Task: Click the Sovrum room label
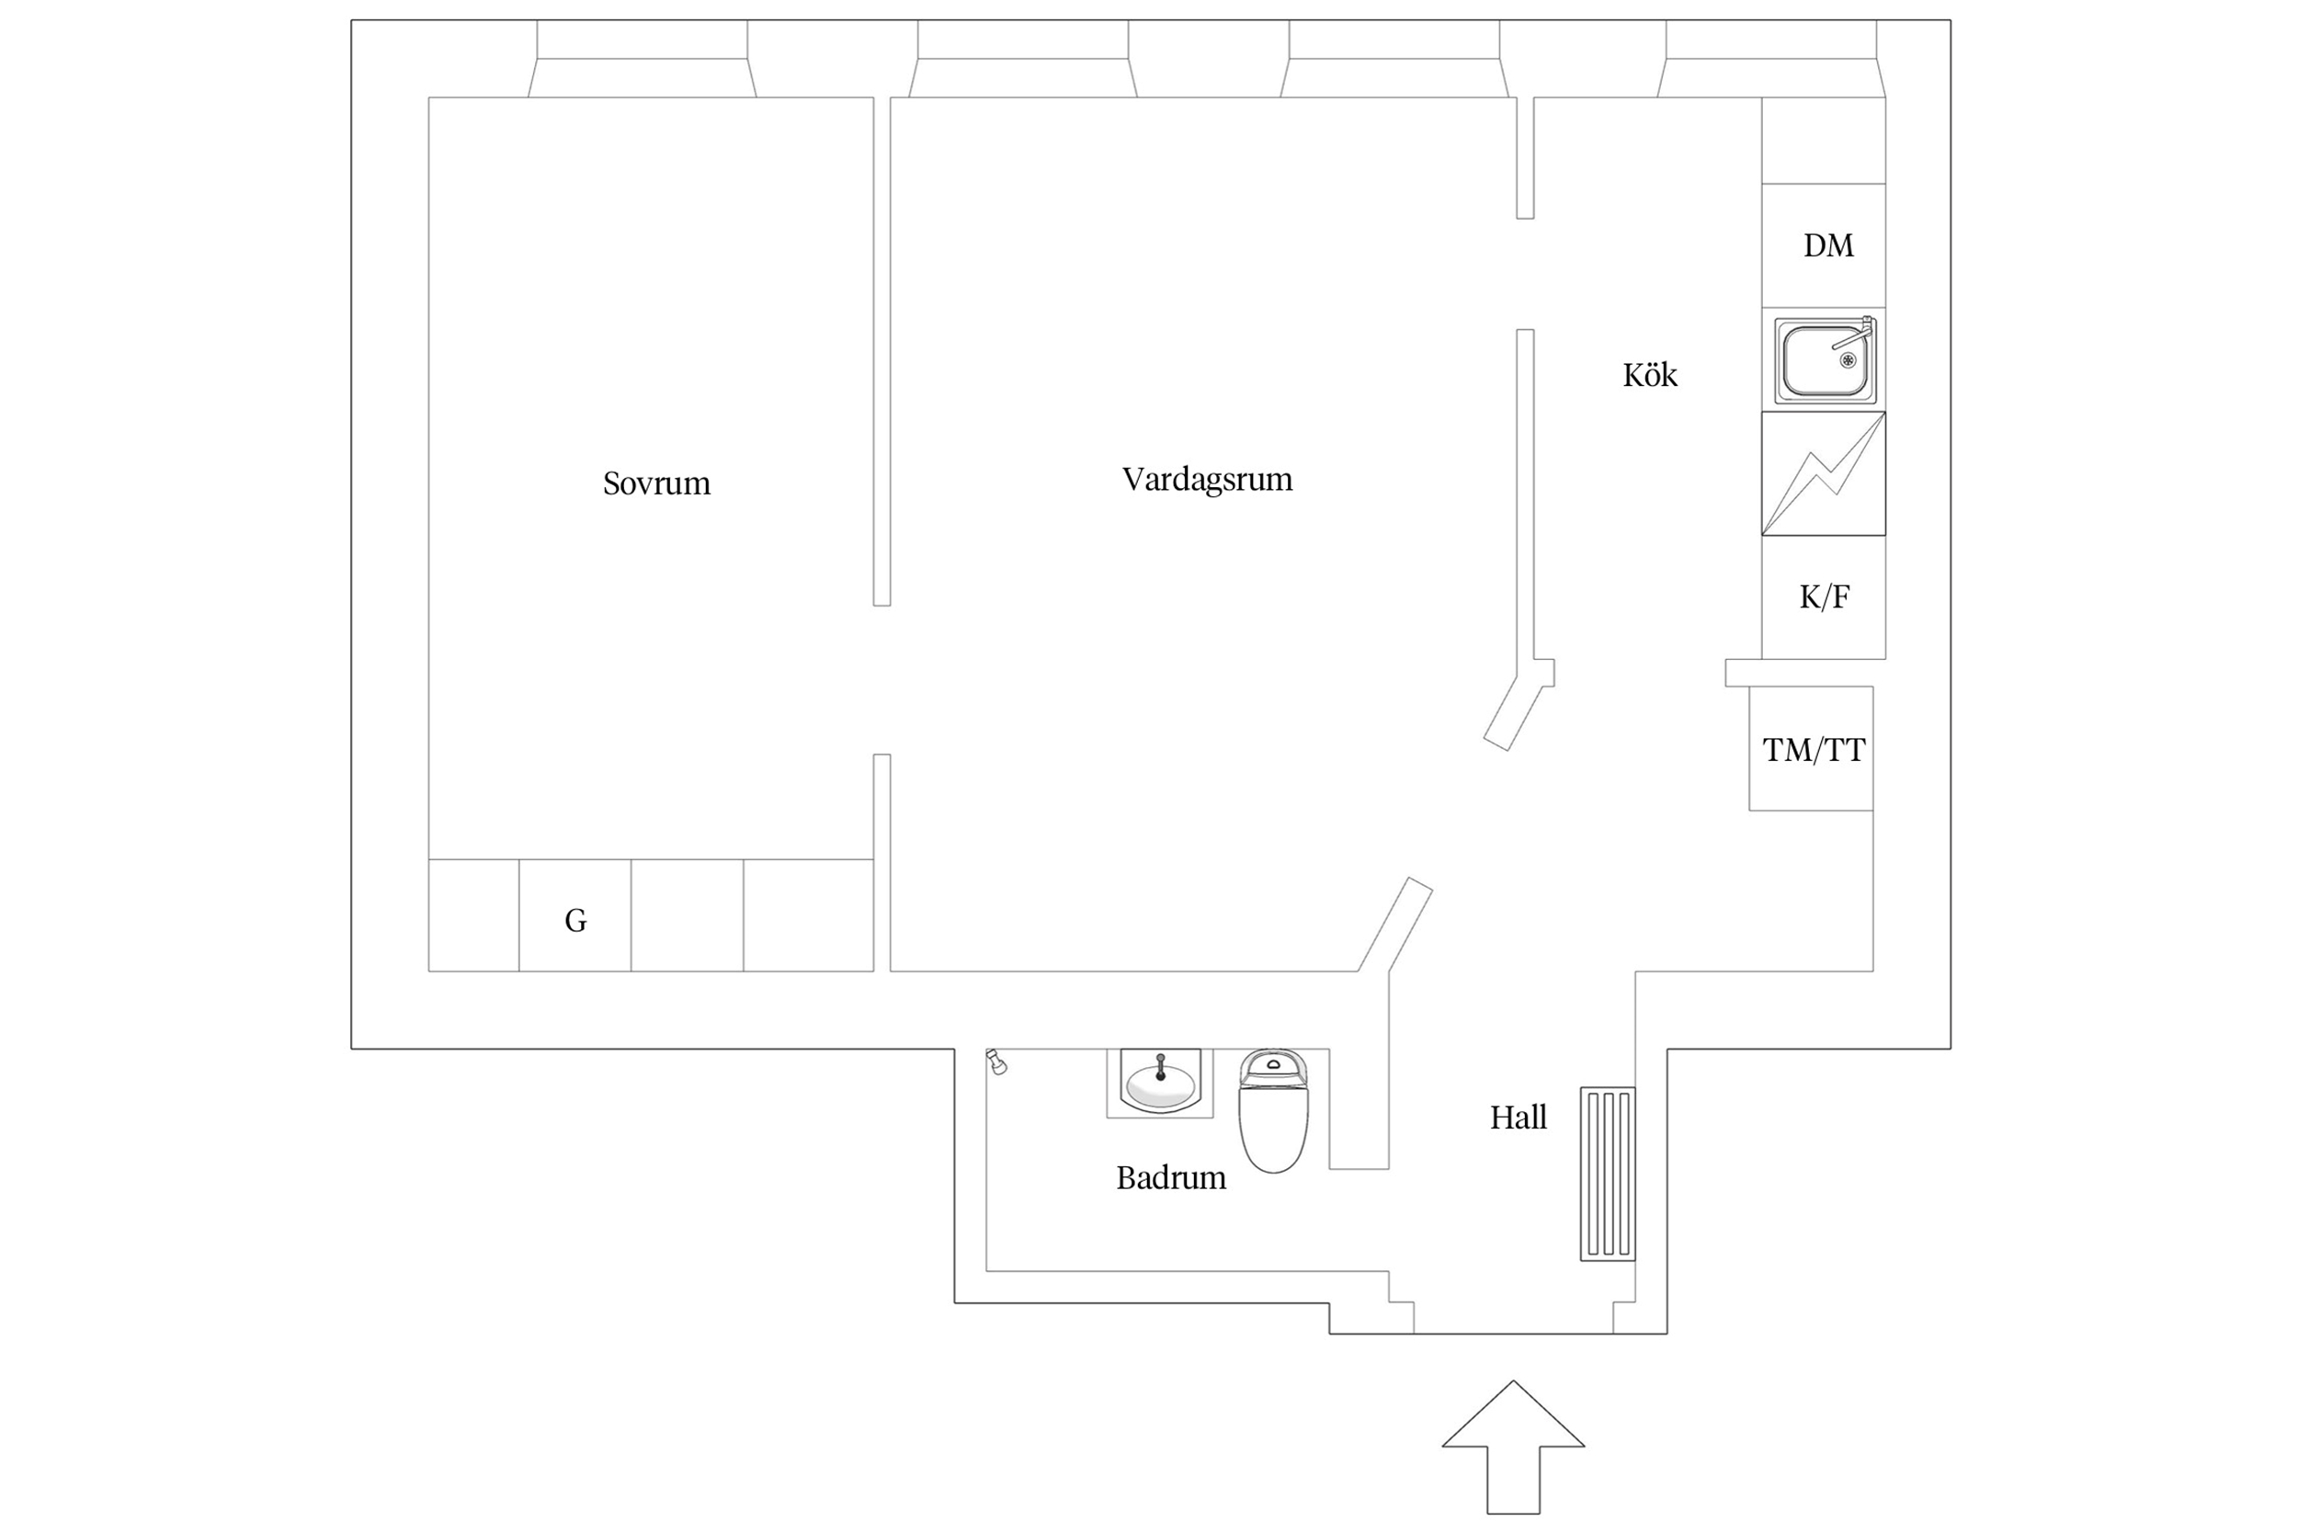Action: click(x=655, y=483)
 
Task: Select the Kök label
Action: click(x=1649, y=375)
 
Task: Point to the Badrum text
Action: click(x=1170, y=1178)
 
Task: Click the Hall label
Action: click(x=1518, y=1118)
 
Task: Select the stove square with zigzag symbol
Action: click(x=1823, y=474)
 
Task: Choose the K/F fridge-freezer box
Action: click(x=1823, y=597)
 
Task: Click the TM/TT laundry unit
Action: click(x=1811, y=748)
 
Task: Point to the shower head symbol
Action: click(x=995, y=1062)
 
